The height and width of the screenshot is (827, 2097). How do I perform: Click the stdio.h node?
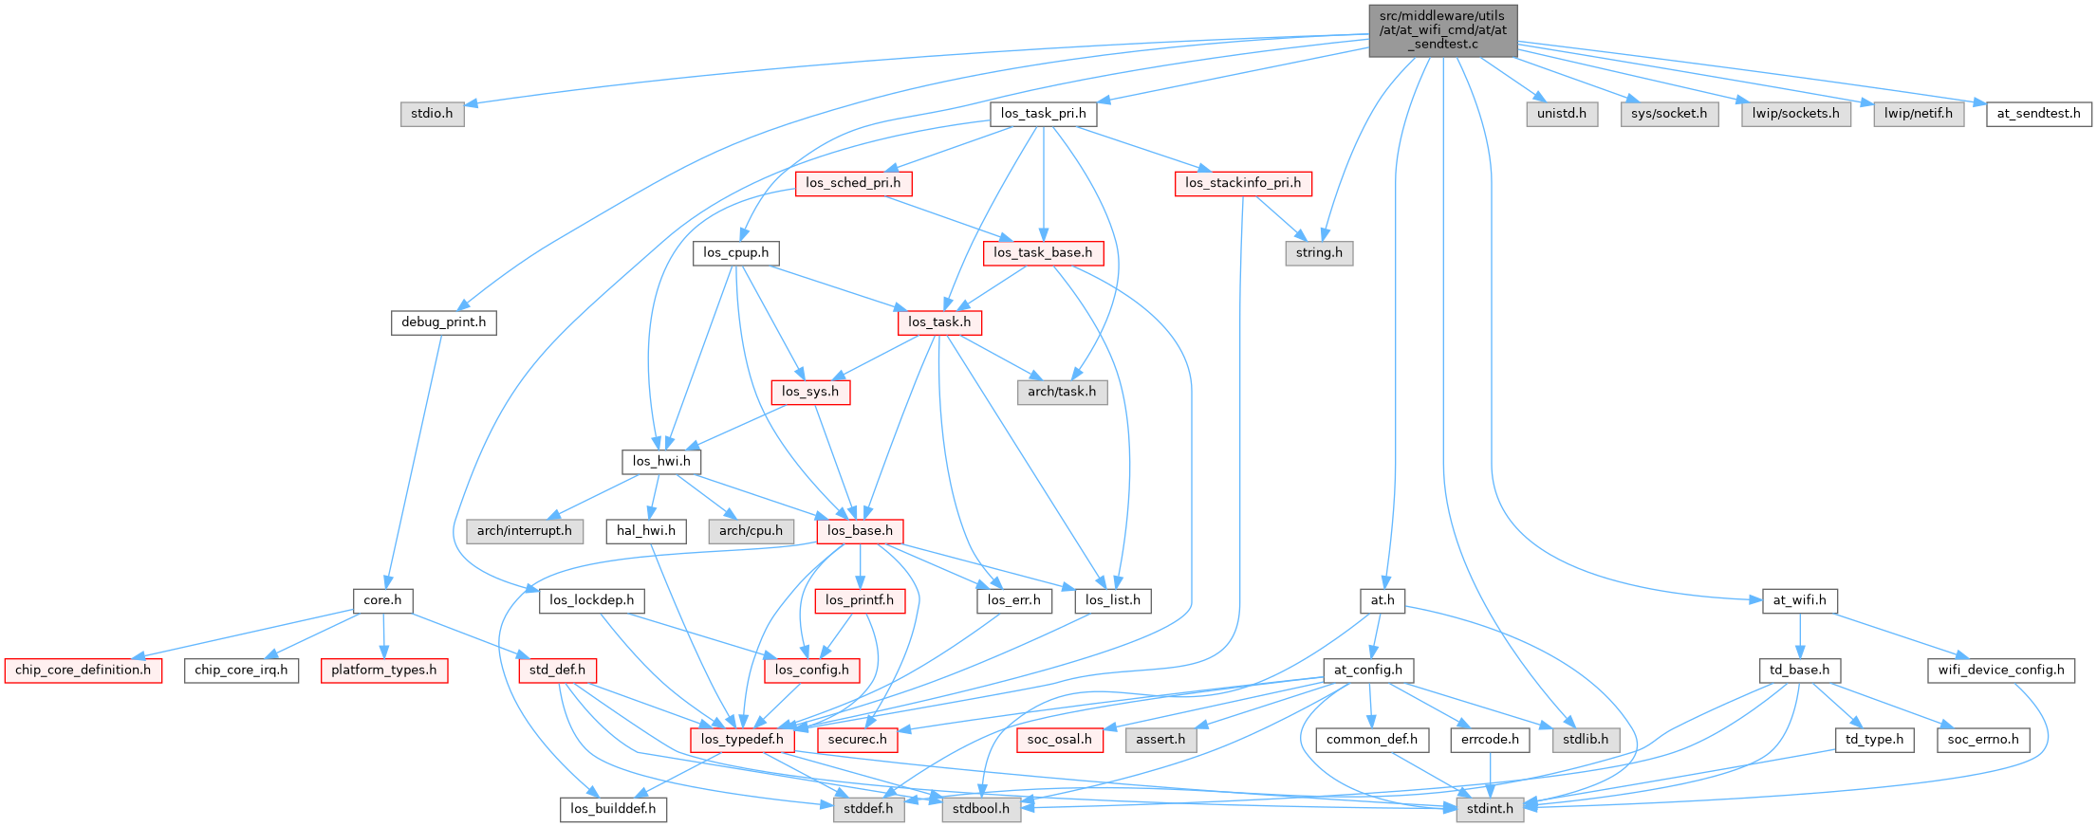(x=432, y=114)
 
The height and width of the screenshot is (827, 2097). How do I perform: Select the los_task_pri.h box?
(x=1043, y=114)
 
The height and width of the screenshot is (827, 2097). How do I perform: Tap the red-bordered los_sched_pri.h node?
(x=853, y=183)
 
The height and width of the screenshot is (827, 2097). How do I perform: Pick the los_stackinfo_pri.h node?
(x=1243, y=183)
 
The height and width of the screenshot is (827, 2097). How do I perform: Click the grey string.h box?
(x=1319, y=253)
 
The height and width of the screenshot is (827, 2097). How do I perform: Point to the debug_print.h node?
(x=443, y=322)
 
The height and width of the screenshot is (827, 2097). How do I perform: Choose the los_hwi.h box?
(x=661, y=462)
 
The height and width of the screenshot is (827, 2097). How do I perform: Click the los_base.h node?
(x=860, y=531)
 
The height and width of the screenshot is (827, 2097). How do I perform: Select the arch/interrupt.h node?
(x=524, y=531)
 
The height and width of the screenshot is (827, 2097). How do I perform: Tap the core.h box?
(x=382, y=600)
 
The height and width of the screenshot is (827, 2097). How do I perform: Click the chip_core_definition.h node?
(x=83, y=671)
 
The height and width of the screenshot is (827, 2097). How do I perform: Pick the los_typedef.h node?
(x=742, y=740)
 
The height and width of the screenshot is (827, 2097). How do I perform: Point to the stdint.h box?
(x=1490, y=809)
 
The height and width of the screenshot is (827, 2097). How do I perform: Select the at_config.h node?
(x=1367, y=671)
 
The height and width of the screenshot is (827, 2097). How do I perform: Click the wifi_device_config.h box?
(x=2000, y=671)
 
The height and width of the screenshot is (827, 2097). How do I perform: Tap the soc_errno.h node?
(x=1983, y=740)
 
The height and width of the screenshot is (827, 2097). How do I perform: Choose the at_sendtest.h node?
(x=2038, y=114)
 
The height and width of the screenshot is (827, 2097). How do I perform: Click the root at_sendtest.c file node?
(x=1442, y=30)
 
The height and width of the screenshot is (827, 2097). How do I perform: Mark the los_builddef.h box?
(x=613, y=809)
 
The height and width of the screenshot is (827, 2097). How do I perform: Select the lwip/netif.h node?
(x=1919, y=114)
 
